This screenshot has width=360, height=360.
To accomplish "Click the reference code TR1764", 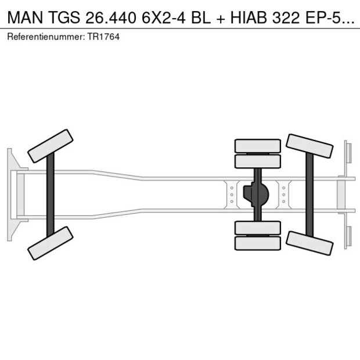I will click(x=103, y=37).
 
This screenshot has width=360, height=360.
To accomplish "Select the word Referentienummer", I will click(x=44, y=37).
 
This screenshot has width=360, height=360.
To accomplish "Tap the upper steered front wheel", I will click(x=50, y=146).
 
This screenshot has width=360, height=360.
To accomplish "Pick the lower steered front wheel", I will click(x=50, y=243).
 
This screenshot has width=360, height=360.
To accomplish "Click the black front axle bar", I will click(x=51, y=194).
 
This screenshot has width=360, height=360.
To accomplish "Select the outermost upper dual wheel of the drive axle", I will click(x=258, y=146).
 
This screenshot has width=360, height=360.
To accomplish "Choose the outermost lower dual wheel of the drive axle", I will click(x=258, y=243).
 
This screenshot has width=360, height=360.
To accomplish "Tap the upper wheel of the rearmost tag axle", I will click(x=309, y=146).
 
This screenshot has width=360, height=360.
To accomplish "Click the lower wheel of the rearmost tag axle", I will click(x=309, y=243).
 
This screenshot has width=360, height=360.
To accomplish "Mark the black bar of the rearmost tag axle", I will click(x=310, y=194).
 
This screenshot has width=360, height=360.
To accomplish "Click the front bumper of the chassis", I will click(x=11, y=194).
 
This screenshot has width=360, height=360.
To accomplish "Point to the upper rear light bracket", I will click(x=347, y=153).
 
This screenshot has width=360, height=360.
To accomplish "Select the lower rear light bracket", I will click(x=347, y=235).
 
